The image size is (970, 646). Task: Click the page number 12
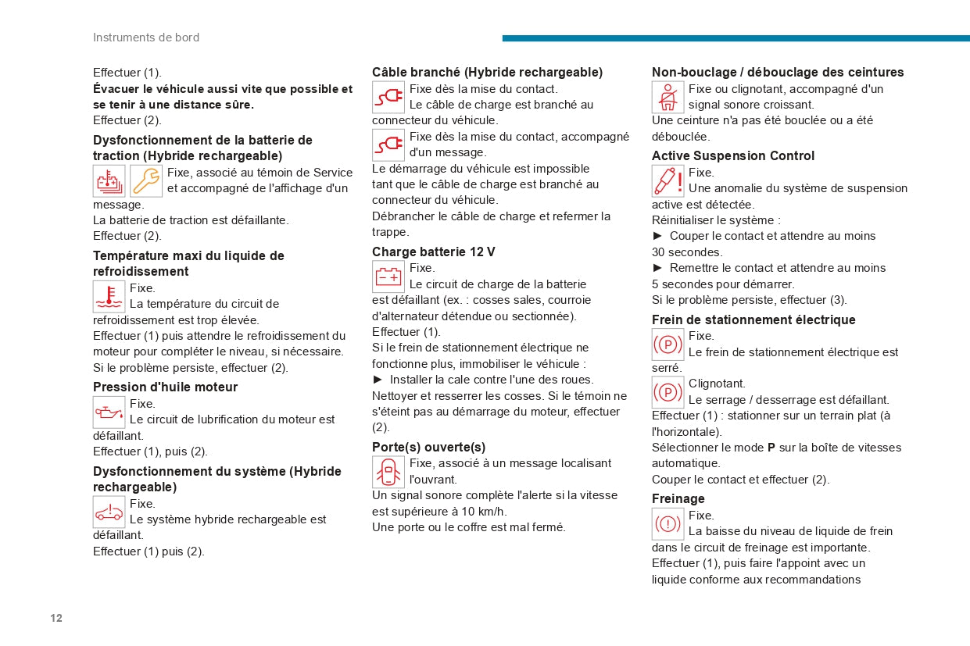56,618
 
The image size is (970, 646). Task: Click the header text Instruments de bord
146,37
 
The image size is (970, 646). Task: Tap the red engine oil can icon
109,412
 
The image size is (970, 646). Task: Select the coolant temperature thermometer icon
109,296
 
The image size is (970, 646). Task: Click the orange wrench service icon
146,180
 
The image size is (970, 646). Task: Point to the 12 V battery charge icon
388,277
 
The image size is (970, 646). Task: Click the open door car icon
388,472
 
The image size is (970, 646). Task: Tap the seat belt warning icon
668,98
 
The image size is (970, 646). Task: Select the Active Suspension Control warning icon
668,181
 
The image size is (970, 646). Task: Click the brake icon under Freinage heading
668,524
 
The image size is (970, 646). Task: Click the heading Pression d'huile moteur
165,387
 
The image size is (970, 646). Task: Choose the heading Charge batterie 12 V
433,252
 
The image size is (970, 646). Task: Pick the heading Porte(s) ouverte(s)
428,447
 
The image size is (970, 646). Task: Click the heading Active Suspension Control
732,155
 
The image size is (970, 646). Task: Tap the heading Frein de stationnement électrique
753,319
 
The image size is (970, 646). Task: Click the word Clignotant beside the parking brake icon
717,384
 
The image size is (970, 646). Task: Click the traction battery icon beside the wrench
109,180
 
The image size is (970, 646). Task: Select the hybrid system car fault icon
109,512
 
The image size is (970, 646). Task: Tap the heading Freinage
678,498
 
